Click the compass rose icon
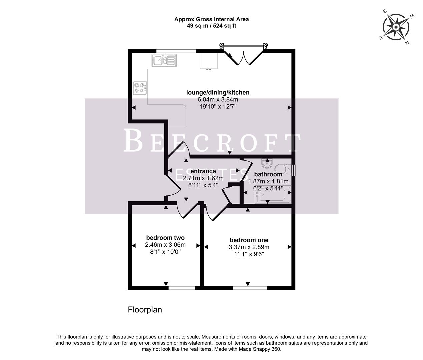396,27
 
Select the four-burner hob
140,88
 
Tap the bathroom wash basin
267,164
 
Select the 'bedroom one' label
249,240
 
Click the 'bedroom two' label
165,238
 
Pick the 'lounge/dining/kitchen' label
218,92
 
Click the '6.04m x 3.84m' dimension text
218,99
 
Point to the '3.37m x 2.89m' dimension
249,247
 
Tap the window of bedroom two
182,287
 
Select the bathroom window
293,170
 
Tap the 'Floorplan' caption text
145,310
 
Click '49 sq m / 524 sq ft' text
211,26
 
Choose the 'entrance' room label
203,171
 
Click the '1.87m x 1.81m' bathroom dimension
268,181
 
